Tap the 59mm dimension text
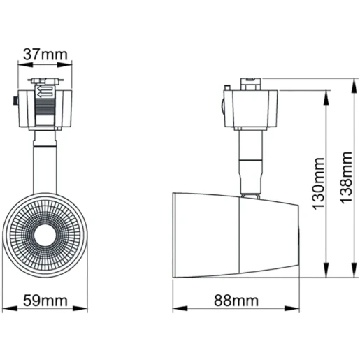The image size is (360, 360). click(47, 301)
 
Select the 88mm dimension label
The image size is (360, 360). click(236, 301)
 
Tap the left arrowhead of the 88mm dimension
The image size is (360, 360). click(177, 310)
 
